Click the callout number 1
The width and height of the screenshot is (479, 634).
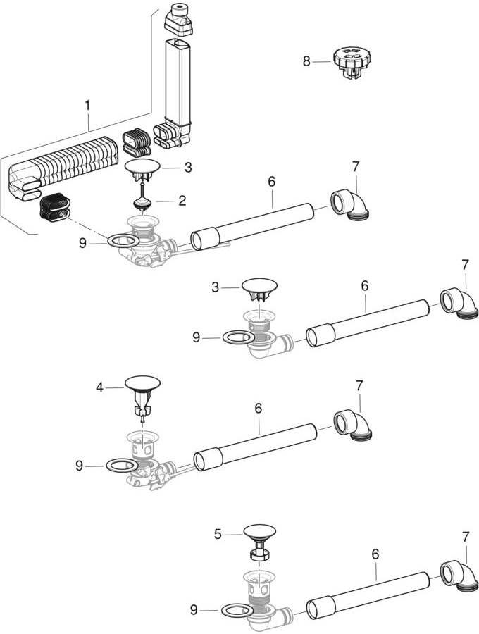tap(87, 105)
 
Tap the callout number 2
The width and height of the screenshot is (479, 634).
tap(182, 201)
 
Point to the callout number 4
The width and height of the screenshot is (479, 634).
tap(99, 386)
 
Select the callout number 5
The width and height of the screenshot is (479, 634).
tap(218, 535)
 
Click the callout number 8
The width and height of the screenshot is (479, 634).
tap(306, 61)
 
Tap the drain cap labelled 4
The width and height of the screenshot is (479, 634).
tap(143, 383)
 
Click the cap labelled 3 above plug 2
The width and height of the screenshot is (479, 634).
tap(143, 167)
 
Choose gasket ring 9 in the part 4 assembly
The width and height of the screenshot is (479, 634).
tap(121, 466)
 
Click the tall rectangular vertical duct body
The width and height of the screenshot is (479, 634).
tap(175, 81)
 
